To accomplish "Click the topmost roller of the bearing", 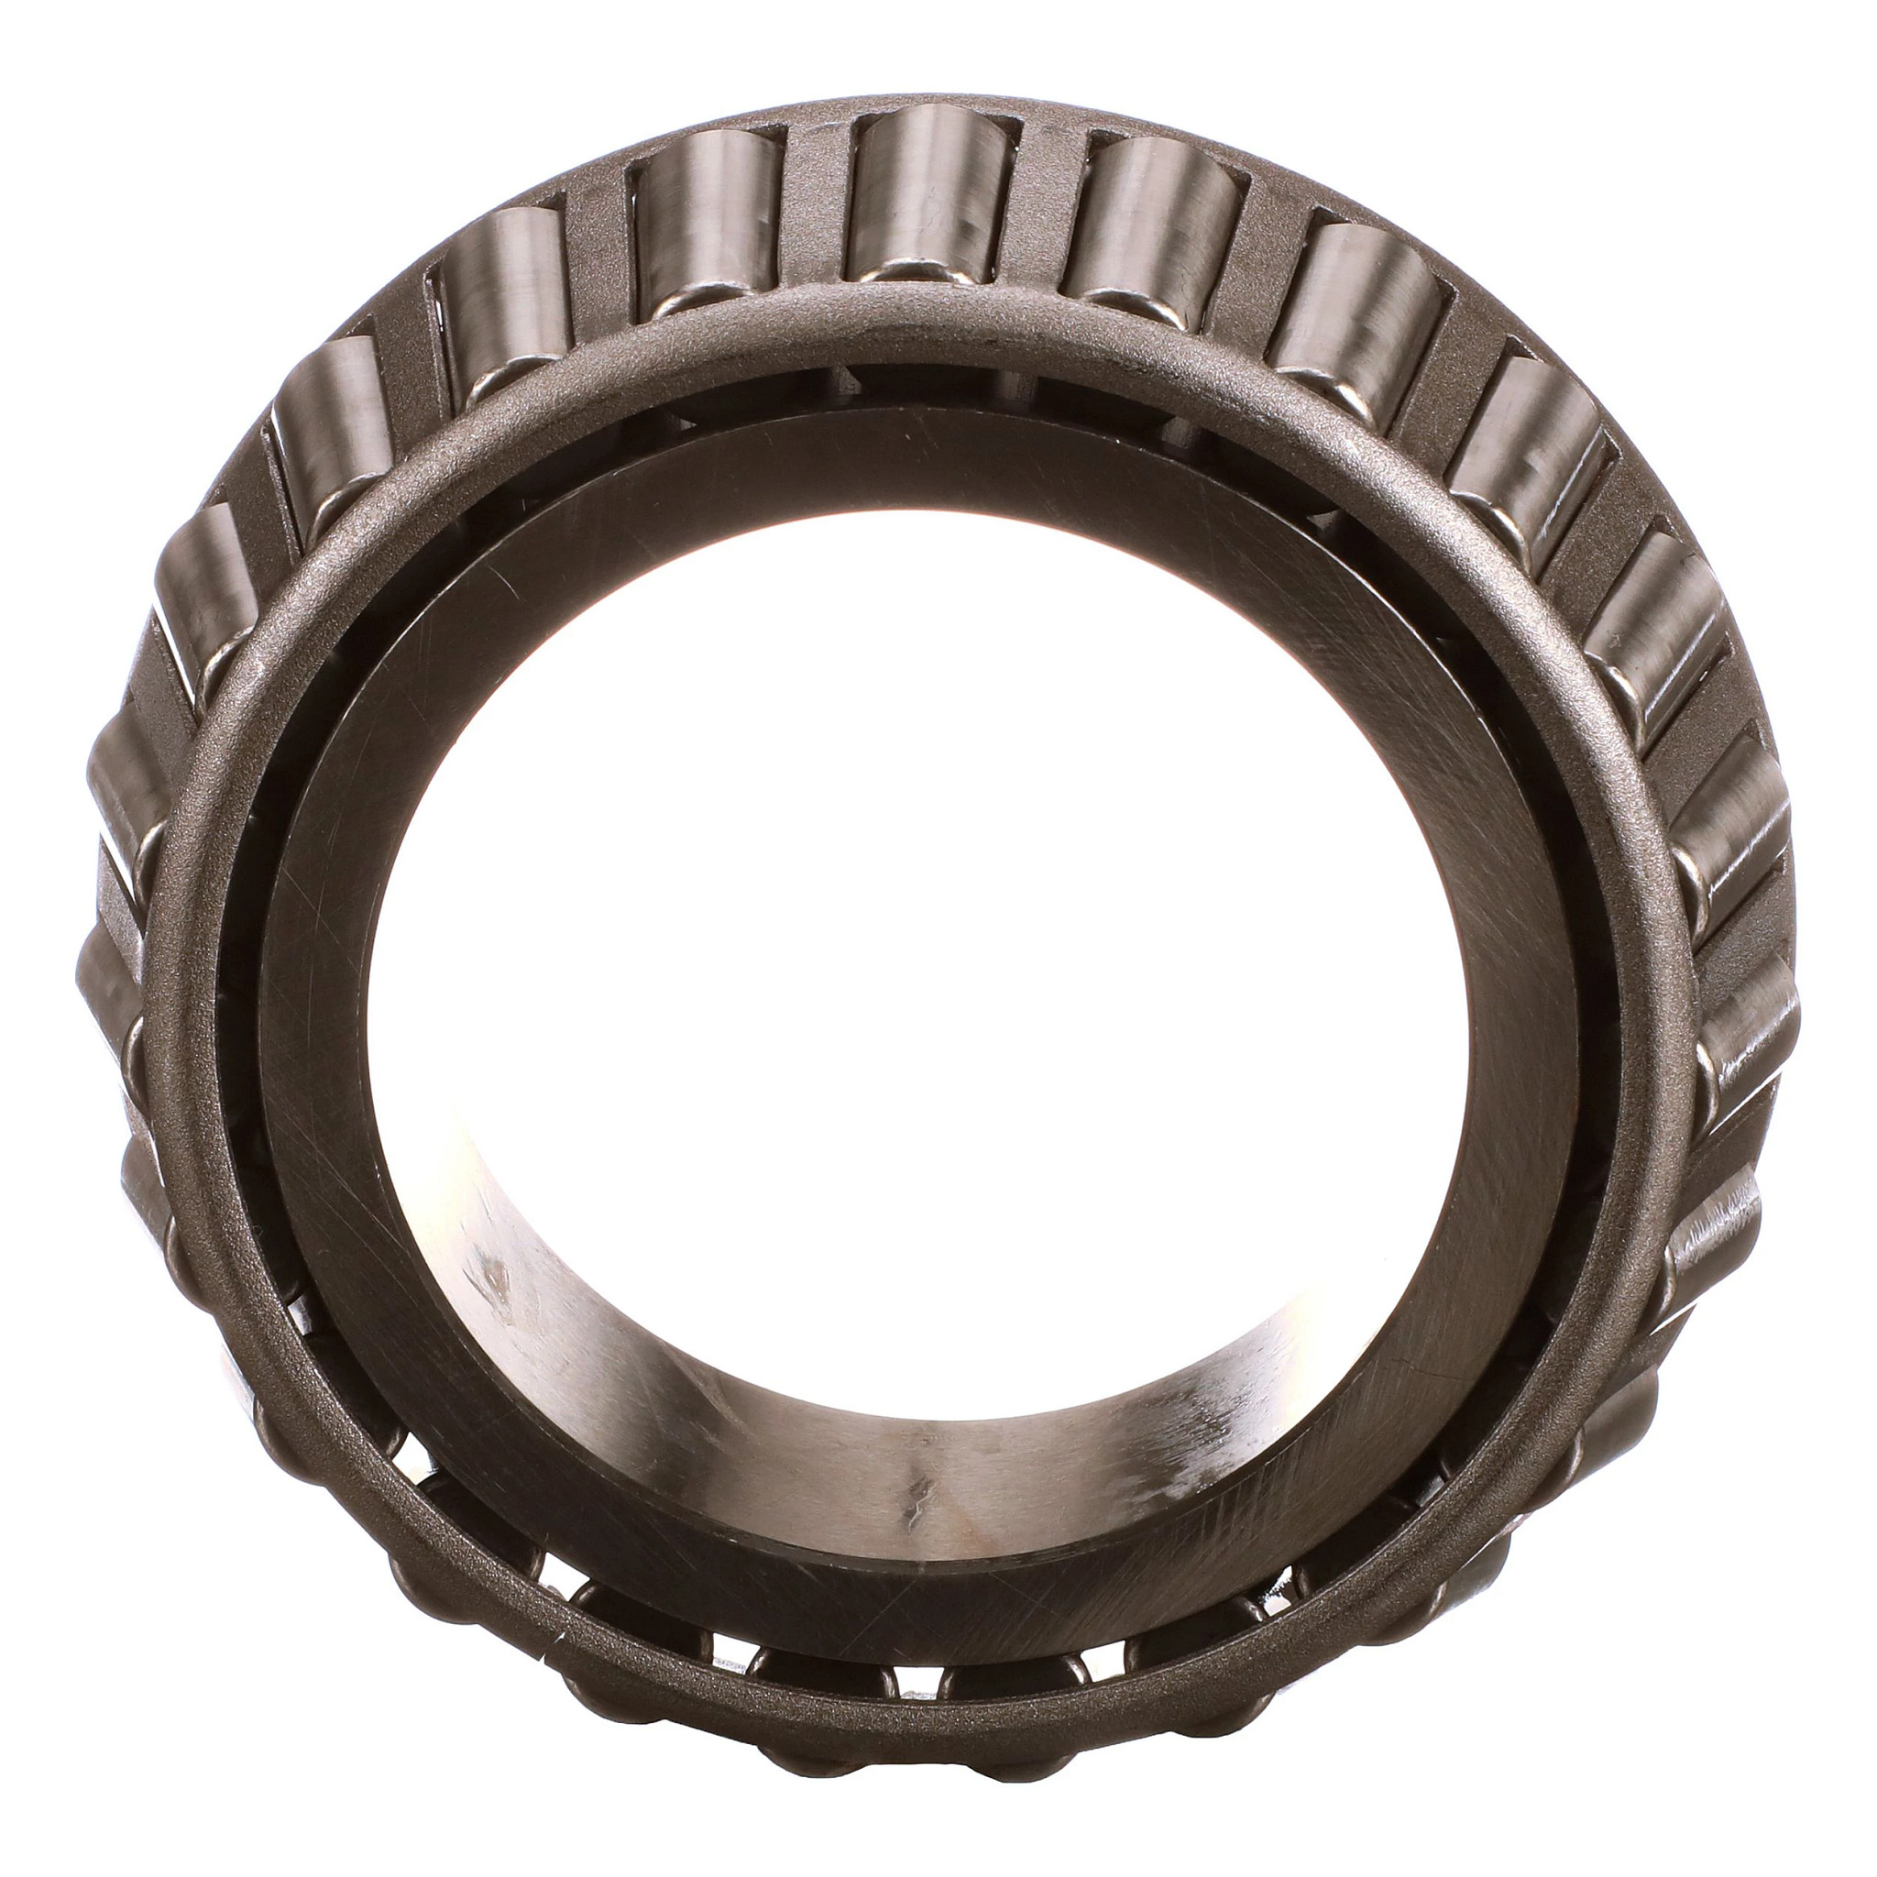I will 931,194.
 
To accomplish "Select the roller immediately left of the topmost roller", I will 707,219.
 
